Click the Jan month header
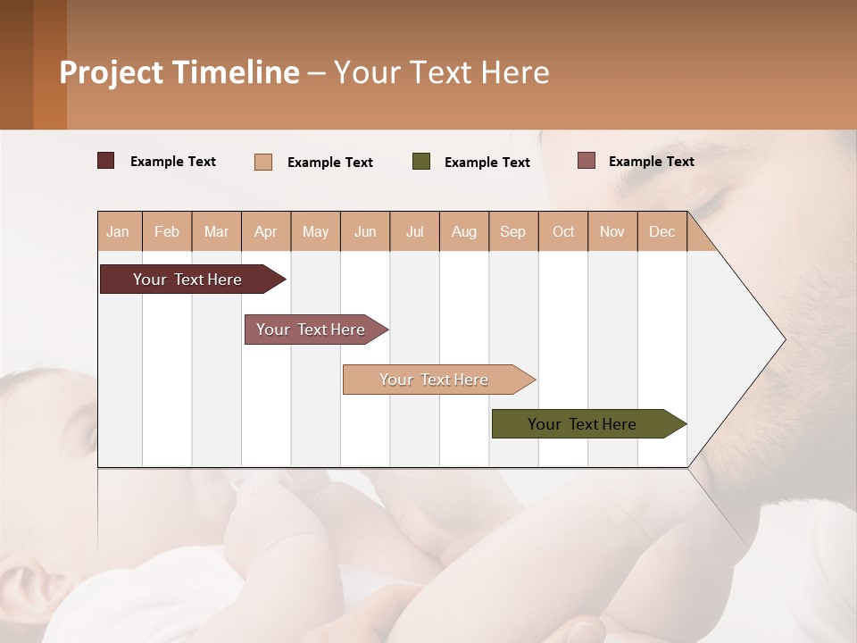pyautogui.click(x=119, y=231)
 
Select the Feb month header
pyautogui.click(x=167, y=231)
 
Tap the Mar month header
pyautogui.click(x=216, y=231)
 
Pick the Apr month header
pyautogui.click(x=266, y=231)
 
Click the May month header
pyautogui.click(x=315, y=231)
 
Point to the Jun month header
pyautogui.click(x=365, y=231)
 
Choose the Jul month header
pyautogui.click(x=414, y=231)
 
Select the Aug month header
pyautogui.click(x=463, y=231)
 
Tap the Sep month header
pyautogui.click(x=513, y=231)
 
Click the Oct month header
pyautogui.click(x=563, y=231)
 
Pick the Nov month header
pyautogui.click(x=612, y=231)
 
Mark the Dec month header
pyautogui.click(x=661, y=231)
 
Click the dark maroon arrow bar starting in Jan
pyautogui.click(x=187, y=280)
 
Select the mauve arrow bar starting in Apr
pyautogui.click(x=311, y=330)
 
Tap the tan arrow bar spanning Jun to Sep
pyautogui.click(x=434, y=380)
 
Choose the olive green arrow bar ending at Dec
pyautogui.click(x=582, y=424)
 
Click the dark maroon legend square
pyautogui.click(x=106, y=161)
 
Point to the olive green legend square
pyautogui.click(x=421, y=162)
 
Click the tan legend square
pyautogui.click(x=263, y=162)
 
